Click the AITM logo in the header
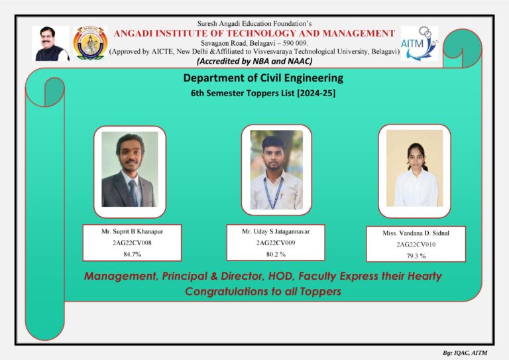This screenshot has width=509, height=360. click(420, 44)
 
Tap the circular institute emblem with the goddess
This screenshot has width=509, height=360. click(90, 43)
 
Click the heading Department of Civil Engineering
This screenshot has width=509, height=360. click(263, 78)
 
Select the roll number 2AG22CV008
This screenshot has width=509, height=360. click(132, 243)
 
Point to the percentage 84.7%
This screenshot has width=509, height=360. click(132, 254)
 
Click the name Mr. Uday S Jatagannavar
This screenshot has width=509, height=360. click(276, 231)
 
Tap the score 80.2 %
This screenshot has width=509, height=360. click(276, 254)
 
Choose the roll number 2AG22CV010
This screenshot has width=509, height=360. click(416, 245)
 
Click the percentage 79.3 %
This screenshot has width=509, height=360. click(416, 256)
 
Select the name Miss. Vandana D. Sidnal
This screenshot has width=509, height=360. click(416, 233)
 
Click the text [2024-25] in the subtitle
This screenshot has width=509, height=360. click(316, 93)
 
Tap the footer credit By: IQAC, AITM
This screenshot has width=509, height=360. click(465, 353)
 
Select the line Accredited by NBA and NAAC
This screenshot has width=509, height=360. click(254, 62)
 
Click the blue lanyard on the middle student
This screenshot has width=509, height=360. click(273, 192)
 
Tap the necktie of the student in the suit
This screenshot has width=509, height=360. click(133, 193)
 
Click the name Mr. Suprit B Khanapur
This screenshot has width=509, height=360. click(132, 231)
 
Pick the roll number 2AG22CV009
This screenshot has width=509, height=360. click(276, 243)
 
